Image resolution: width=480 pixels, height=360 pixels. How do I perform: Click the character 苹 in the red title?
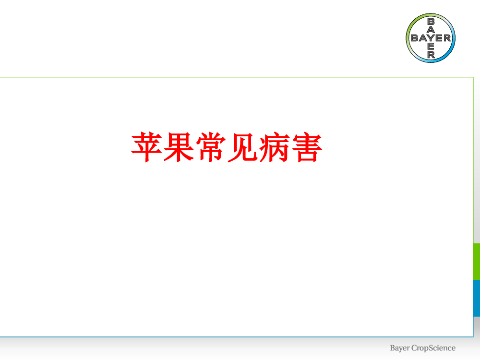click(146, 147)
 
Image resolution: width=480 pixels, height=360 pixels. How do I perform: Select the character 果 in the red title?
click(179, 147)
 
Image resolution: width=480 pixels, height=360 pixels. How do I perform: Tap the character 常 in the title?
click(211, 147)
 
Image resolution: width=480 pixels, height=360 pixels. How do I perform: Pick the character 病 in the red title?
click(275, 147)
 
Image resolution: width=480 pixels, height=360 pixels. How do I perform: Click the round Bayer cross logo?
click(431, 38)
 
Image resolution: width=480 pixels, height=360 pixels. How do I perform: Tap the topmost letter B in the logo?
click(431, 22)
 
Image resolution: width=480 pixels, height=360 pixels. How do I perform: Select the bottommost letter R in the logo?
click(431, 55)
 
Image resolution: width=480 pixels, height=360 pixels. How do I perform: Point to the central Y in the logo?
click(431, 38)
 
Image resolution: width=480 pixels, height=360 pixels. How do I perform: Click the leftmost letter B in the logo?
click(415, 38)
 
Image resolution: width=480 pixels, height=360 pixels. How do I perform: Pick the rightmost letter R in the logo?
click(447, 38)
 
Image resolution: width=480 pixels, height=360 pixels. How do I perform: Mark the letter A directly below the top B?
click(431, 29)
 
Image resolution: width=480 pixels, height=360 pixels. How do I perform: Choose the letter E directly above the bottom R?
click(431, 47)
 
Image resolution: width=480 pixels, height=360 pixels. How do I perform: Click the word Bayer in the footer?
click(399, 348)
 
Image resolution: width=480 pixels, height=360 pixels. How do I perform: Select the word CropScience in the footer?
click(433, 348)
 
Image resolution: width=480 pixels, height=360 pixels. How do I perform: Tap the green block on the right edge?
click(477, 262)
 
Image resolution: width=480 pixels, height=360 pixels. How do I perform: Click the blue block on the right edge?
click(477, 298)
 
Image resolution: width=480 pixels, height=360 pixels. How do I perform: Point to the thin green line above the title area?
click(237, 77)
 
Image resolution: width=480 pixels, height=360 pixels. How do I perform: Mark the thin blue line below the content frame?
click(237, 337)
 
